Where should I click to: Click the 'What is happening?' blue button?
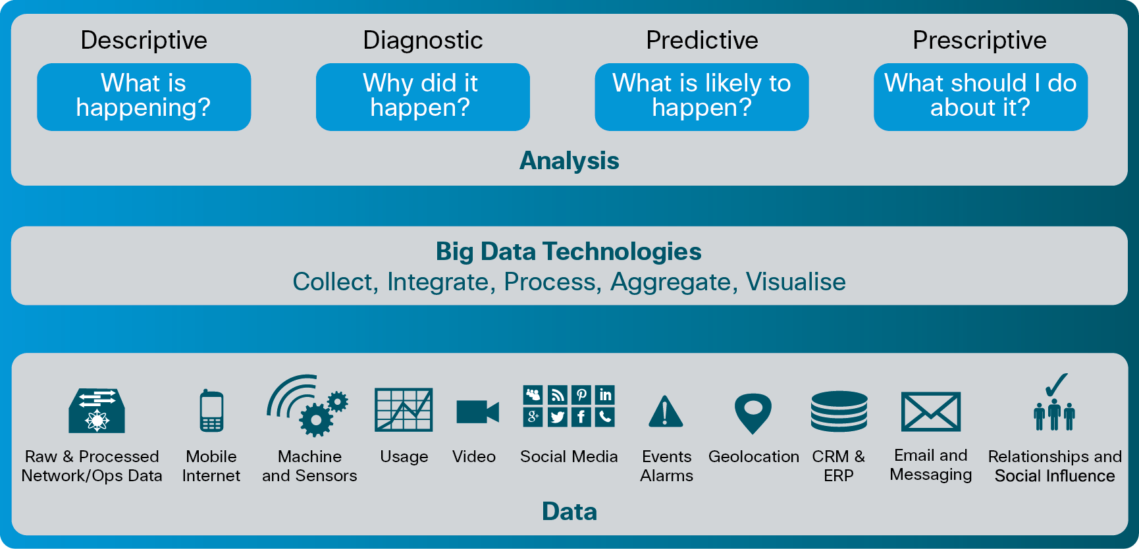(144, 97)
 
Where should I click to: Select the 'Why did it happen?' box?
(423, 97)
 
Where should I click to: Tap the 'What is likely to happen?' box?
(702, 97)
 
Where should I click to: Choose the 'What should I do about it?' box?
(980, 97)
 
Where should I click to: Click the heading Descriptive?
(144, 40)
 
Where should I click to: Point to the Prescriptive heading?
(980, 40)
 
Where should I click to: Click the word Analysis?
(569, 161)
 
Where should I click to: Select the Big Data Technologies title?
(569, 251)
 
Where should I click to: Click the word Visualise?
(795, 282)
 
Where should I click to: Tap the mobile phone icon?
(211, 411)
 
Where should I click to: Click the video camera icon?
(477, 412)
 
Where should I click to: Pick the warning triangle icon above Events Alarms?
(666, 411)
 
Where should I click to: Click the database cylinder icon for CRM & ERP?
(839, 411)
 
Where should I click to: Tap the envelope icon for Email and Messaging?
(930, 412)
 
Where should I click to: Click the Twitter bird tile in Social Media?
(558, 417)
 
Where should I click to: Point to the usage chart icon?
(404, 409)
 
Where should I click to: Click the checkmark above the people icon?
(1056, 385)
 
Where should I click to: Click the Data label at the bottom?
(569, 512)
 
